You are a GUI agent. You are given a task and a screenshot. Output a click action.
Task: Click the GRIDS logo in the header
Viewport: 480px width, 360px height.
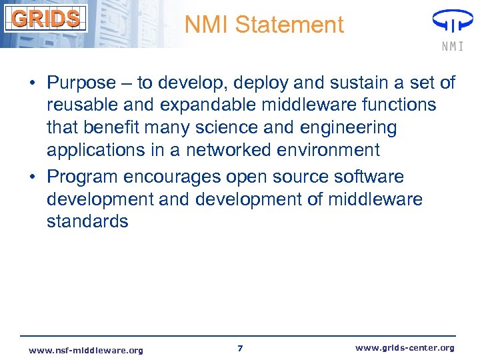[x=45, y=18]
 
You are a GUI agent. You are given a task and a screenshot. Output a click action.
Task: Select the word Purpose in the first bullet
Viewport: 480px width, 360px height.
[x=81, y=83]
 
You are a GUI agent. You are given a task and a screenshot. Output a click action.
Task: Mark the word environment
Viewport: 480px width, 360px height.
[x=331, y=149]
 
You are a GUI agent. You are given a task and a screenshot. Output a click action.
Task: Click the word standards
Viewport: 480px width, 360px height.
[x=87, y=221]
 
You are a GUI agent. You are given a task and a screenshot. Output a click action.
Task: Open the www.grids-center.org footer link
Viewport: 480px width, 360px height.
[x=405, y=348]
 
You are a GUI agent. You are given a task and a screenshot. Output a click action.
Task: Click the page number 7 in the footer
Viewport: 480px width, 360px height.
[x=240, y=349]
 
